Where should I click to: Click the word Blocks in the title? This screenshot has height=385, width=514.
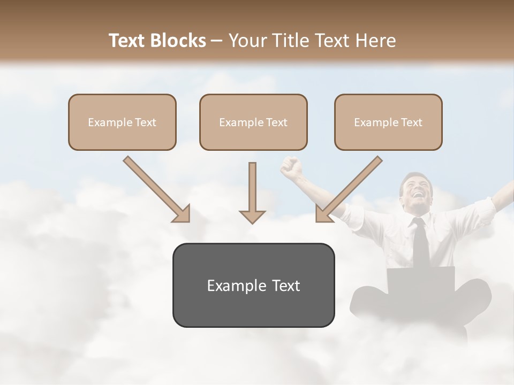coord(178,41)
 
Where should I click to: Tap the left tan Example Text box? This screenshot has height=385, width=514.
coord(122,122)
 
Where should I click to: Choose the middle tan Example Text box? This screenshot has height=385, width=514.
coord(253,122)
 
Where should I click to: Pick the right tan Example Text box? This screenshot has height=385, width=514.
coord(388,122)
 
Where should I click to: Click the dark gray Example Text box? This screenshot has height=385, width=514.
coord(253,285)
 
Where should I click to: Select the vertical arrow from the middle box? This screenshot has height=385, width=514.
coord(252,192)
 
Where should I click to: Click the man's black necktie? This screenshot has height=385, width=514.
coord(421,243)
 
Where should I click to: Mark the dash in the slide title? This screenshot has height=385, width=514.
coord(217,41)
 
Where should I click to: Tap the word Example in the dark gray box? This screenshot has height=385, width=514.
coord(231,286)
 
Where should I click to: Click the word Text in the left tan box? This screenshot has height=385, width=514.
coord(146,122)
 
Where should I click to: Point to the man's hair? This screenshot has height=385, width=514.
coord(415,176)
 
